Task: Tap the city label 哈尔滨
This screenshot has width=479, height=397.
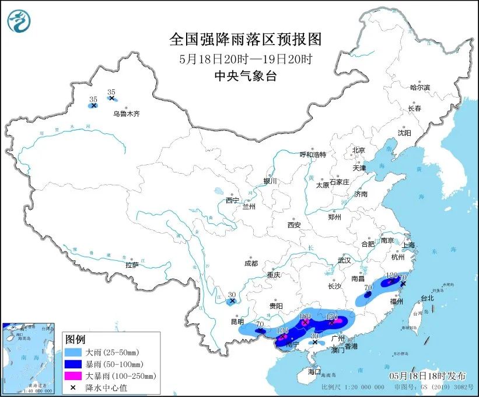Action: click(x=419, y=87)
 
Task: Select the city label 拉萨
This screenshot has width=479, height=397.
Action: click(x=132, y=265)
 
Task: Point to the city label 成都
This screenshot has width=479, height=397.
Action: click(x=251, y=263)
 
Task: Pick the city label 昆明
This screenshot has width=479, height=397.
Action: click(x=238, y=322)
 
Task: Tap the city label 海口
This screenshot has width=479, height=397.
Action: click(x=314, y=371)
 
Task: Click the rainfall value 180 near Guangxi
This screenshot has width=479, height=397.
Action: click(x=305, y=316)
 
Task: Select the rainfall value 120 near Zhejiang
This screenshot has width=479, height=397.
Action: click(x=392, y=275)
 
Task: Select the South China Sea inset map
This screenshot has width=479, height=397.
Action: click(x=30, y=358)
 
